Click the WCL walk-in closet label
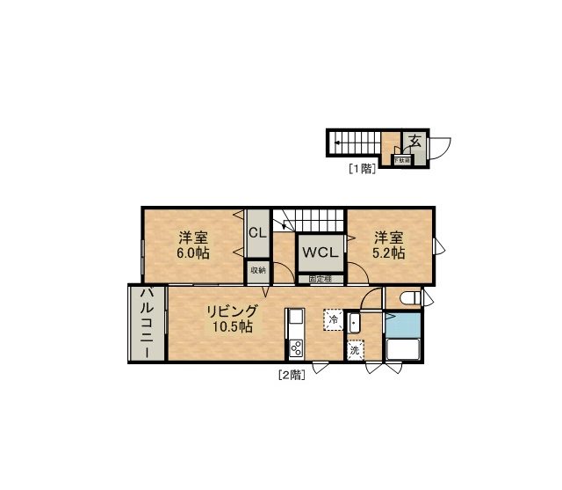pyautogui.click(x=321, y=252)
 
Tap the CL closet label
pyautogui.click(x=257, y=233)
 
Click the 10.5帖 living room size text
pyautogui.click(x=232, y=326)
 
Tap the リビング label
pyautogui.click(x=232, y=311)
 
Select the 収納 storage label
pyautogui.click(x=257, y=270)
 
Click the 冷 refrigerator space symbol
pyautogui.click(x=333, y=319)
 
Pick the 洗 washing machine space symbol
pyautogui.click(x=355, y=349)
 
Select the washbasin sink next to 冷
pyautogui.click(x=354, y=322)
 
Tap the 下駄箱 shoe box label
pyautogui.click(x=401, y=161)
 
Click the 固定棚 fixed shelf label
pyautogui.click(x=320, y=279)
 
